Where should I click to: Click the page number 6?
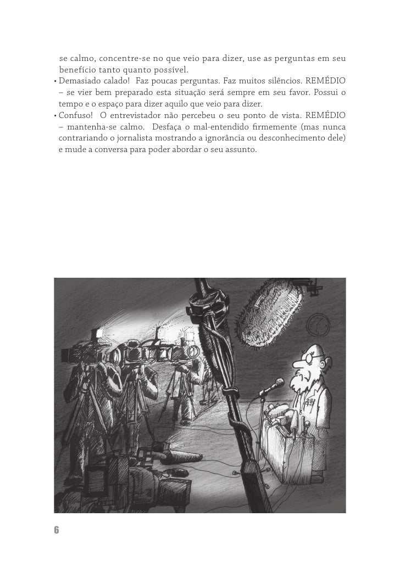click(x=56, y=530)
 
